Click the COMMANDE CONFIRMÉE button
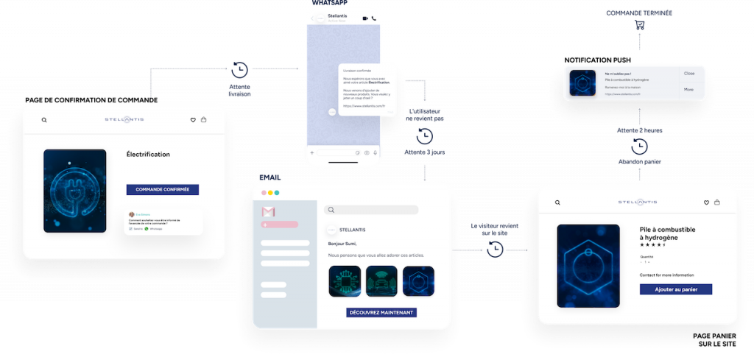click(x=162, y=189)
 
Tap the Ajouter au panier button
click(x=675, y=289)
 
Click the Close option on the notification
click(x=688, y=74)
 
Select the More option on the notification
click(x=688, y=90)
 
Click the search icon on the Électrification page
click(x=44, y=120)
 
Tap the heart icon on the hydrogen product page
click(x=706, y=202)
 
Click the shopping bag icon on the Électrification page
click(x=203, y=120)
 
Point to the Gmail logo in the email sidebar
click(x=268, y=212)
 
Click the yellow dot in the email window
click(x=269, y=193)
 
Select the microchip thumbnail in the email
click(x=344, y=280)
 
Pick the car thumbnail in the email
click(x=381, y=280)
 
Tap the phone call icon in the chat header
click(x=375, y=18)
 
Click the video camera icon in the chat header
click(x=364, y=18)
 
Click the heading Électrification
click(x=148, y=155)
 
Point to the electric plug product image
click(x=74, y=191)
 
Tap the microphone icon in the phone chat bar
click(x=375, y=152)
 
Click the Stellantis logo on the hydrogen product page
click(x=638, y=202)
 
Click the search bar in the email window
click(x=373, y=210)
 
